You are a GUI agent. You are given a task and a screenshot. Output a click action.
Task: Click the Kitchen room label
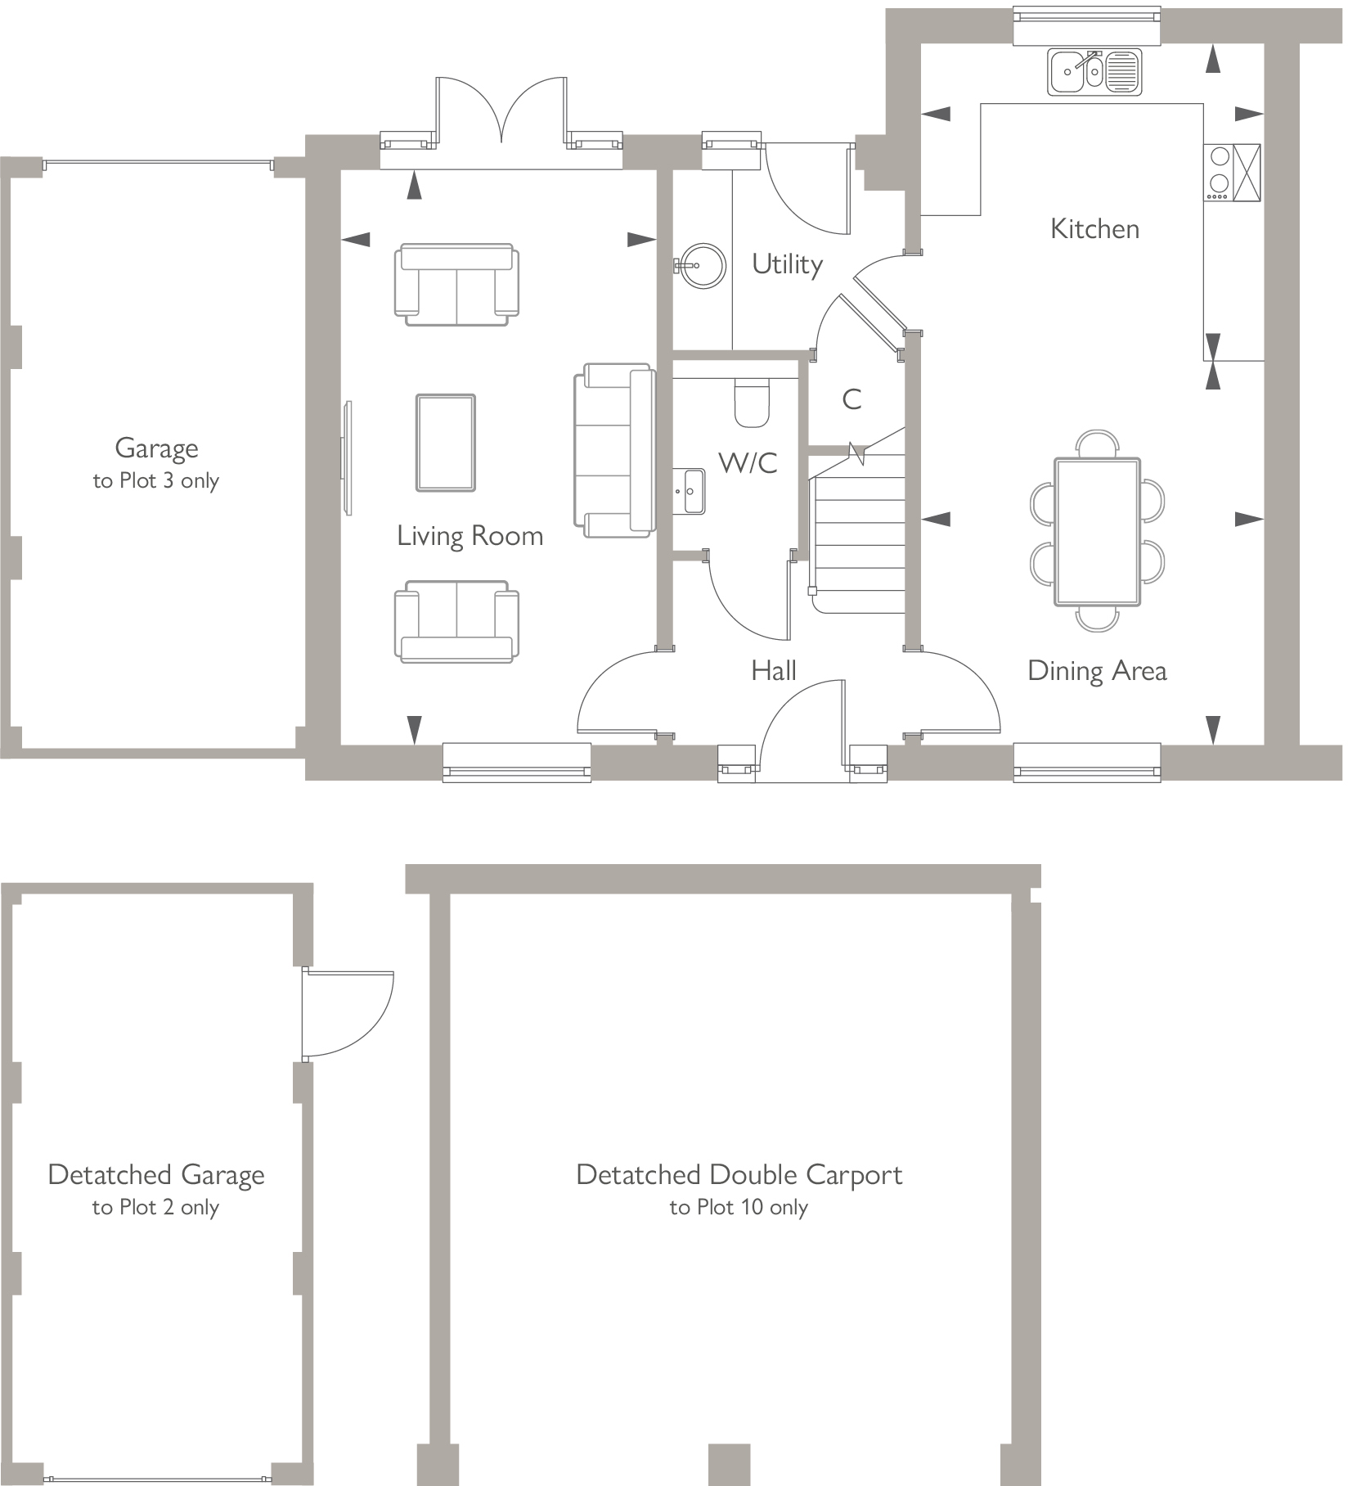[x=1094, y=229]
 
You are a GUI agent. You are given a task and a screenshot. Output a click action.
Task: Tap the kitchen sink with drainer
[x=1094, y=72]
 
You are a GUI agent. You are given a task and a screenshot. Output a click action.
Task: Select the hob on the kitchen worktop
[x=1219, y=172]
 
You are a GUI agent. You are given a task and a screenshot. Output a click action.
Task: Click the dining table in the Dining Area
[x=1096, y=532]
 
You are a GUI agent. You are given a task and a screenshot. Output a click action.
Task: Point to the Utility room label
[x=787, y=264]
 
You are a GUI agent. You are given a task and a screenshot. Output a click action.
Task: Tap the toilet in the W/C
[x=752, y=403]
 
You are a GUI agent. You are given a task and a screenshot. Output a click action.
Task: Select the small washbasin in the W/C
[x=693, y=491]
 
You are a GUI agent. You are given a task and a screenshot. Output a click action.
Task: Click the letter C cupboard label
[x=851, y=399]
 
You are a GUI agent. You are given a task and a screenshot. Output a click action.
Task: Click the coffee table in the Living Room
[x=445, y=443]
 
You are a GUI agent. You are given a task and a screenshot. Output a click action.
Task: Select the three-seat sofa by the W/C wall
[x=615, y=450]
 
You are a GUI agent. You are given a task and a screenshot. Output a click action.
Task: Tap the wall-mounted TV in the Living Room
[x=348, y=457]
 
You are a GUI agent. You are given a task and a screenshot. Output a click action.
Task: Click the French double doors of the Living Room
[x=501, y=115]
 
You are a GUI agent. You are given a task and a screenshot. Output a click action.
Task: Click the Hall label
[x=773, y=671]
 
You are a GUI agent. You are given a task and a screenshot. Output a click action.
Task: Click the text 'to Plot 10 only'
[x=738, y=1208]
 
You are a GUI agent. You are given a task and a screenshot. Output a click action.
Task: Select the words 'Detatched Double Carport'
[x=738, y=1175]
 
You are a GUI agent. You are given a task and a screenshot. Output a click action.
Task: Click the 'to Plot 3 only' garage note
[x=155, y=480]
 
